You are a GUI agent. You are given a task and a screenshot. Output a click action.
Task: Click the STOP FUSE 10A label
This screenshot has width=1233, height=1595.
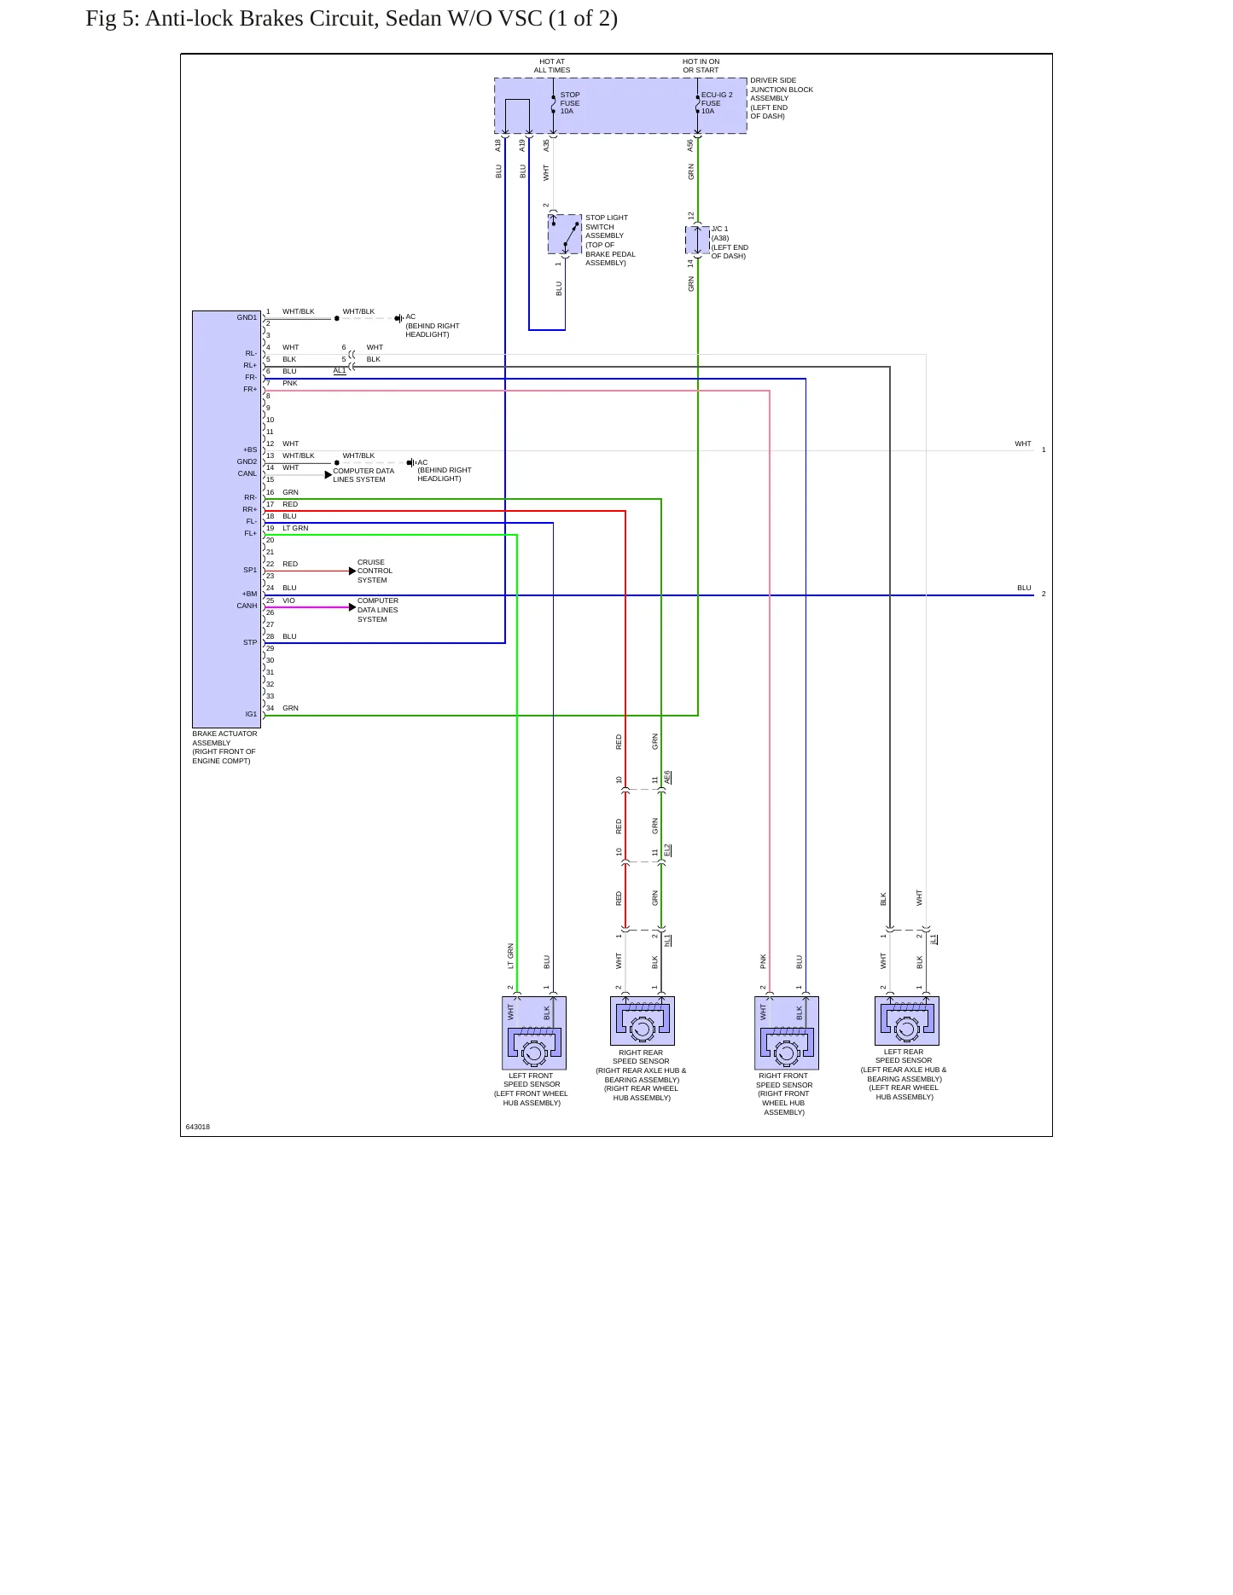click(570, 103)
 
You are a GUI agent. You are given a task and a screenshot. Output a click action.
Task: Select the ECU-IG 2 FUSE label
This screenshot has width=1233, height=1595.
click(717, 99)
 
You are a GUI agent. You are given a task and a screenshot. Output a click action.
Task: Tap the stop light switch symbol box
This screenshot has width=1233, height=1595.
click(565, 234)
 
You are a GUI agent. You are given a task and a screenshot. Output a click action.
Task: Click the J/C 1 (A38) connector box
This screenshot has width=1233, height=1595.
click(698, 241)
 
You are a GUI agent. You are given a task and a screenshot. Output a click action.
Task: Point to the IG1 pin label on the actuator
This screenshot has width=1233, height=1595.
click(251, 714)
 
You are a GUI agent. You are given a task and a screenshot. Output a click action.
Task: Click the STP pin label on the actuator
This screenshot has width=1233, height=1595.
click(250, 642)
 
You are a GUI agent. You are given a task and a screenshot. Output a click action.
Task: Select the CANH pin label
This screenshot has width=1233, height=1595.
click(247, 606)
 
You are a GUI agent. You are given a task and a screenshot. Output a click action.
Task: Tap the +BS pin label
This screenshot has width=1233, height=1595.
click(249, 449)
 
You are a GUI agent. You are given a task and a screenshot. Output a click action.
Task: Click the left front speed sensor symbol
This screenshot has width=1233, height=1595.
click(534, 1033)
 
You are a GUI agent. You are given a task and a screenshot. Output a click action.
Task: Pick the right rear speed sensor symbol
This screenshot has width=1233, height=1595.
click(643, 1021)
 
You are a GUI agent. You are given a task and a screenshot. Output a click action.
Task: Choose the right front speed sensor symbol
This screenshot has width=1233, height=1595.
click(787, 1033)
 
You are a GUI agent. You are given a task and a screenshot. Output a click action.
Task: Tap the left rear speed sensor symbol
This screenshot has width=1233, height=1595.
click(907, 1021)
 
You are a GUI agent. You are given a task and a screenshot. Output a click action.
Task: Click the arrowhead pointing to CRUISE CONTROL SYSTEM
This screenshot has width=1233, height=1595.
click(352, 571)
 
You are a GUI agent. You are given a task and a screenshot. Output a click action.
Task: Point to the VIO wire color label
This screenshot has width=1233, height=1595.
click(289, 600)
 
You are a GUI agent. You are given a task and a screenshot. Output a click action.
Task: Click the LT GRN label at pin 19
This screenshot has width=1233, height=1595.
click(295, 528)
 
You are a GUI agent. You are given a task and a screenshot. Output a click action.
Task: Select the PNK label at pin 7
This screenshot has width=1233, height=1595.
click(290, 383)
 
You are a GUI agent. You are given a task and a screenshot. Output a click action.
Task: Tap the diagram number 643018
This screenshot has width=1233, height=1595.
click(198, 1127)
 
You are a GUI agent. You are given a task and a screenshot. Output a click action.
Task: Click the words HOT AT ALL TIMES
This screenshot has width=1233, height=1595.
click(552, 66)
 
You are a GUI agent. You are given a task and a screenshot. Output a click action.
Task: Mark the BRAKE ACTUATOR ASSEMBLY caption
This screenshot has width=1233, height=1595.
click(224, 738)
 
